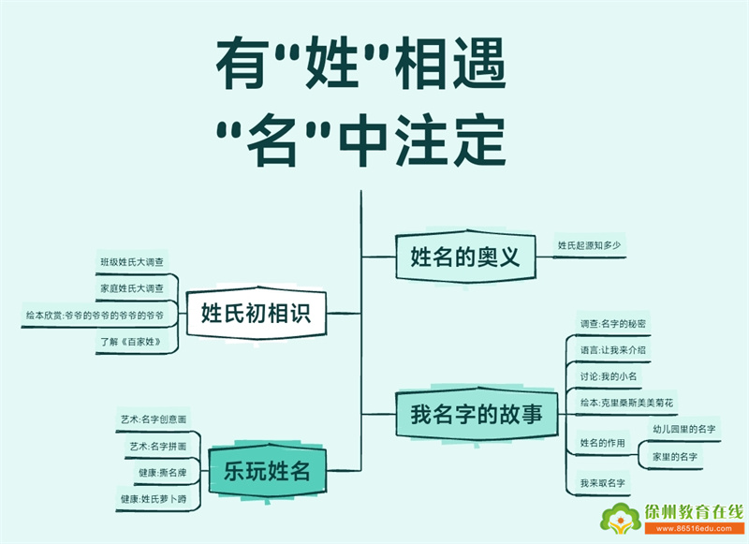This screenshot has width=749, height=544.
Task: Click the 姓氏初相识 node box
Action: click(x=256, y=314)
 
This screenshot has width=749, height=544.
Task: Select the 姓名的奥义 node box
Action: click(x=465, y=257)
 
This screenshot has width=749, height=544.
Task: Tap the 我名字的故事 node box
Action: click(x=477, y=414)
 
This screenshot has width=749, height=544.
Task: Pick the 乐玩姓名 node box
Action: click(x=267, y=470)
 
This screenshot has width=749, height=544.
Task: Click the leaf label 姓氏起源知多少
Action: click(x=590, y=245)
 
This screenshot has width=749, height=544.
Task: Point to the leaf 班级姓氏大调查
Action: click(x=132, y=262)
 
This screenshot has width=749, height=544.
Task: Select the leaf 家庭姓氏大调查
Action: click(x=132, y=288)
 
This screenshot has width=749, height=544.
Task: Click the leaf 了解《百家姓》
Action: click(x=130, y=342)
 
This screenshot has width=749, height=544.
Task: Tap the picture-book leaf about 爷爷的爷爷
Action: click(x=95, y=316)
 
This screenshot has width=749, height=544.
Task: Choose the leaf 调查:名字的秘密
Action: click(x=613, y=324)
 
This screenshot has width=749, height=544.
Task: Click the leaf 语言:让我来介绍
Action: click(x=613, y=350)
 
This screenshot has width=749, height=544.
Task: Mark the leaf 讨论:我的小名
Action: click(x=609, y=376)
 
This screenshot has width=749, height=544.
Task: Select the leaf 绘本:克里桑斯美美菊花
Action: click(x=626, y=403)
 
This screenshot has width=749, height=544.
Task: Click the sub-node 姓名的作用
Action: click(x=603, y=443)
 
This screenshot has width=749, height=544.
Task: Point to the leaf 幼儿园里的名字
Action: click(x=684, y=429)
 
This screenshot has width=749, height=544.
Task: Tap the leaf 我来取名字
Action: click(x=603, y=483)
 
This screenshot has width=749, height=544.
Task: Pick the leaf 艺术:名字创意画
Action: click(x=154, y=419)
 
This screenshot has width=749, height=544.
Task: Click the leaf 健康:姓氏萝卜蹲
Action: click(x=154, y=499)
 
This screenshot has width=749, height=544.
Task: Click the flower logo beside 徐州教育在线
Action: click(x=621, y=519)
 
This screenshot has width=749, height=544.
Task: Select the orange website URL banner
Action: click(x=694, y=528)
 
